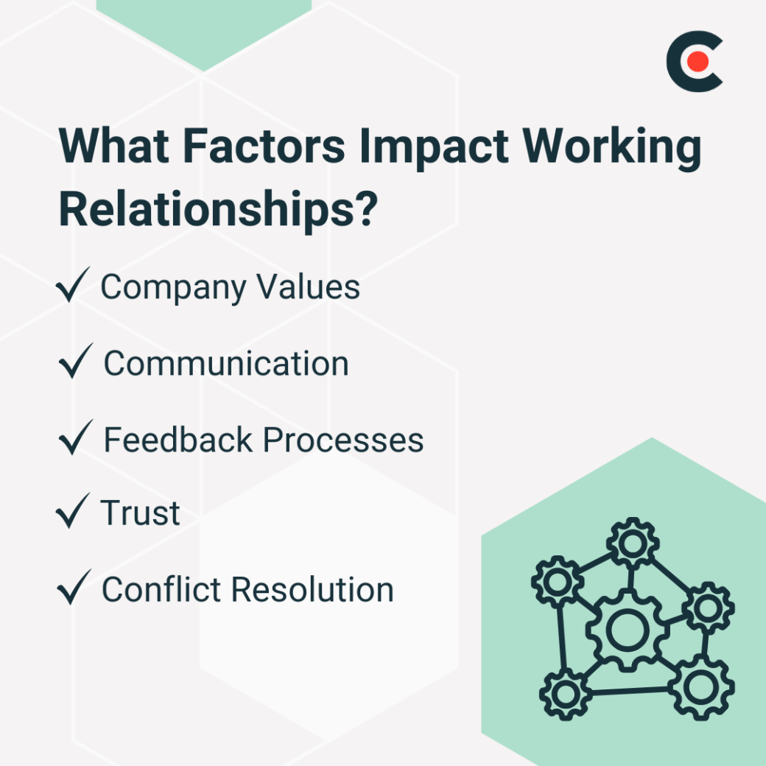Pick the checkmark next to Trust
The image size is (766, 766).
[72, 511]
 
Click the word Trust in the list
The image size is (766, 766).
[141, 513]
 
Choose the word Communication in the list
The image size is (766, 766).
[226, 364]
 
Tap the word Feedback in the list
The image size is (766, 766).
[178, 440]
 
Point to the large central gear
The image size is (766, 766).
[627, 629]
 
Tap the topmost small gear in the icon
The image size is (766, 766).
[631, 543]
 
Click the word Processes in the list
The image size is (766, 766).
[343, 440]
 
